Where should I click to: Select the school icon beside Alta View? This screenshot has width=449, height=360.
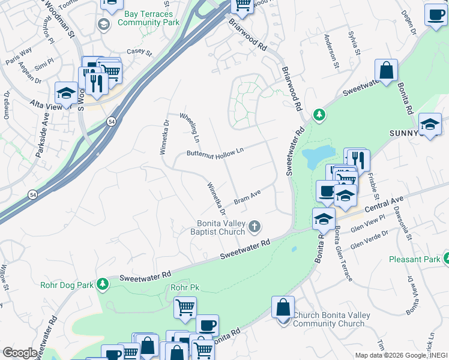[66, 93]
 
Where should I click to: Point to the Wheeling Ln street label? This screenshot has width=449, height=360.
[189, 125]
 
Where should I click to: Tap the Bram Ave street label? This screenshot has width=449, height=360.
[247, 197]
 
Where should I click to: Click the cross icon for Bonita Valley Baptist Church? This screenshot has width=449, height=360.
[255, 227]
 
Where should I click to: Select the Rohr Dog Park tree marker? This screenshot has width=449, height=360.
[103, 283]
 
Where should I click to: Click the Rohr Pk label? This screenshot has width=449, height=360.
[184, 288]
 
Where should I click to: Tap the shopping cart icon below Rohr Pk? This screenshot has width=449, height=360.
[185, 308]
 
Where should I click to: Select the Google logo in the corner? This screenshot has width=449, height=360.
[20, 353]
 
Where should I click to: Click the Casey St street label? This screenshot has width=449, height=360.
[139, 52]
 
